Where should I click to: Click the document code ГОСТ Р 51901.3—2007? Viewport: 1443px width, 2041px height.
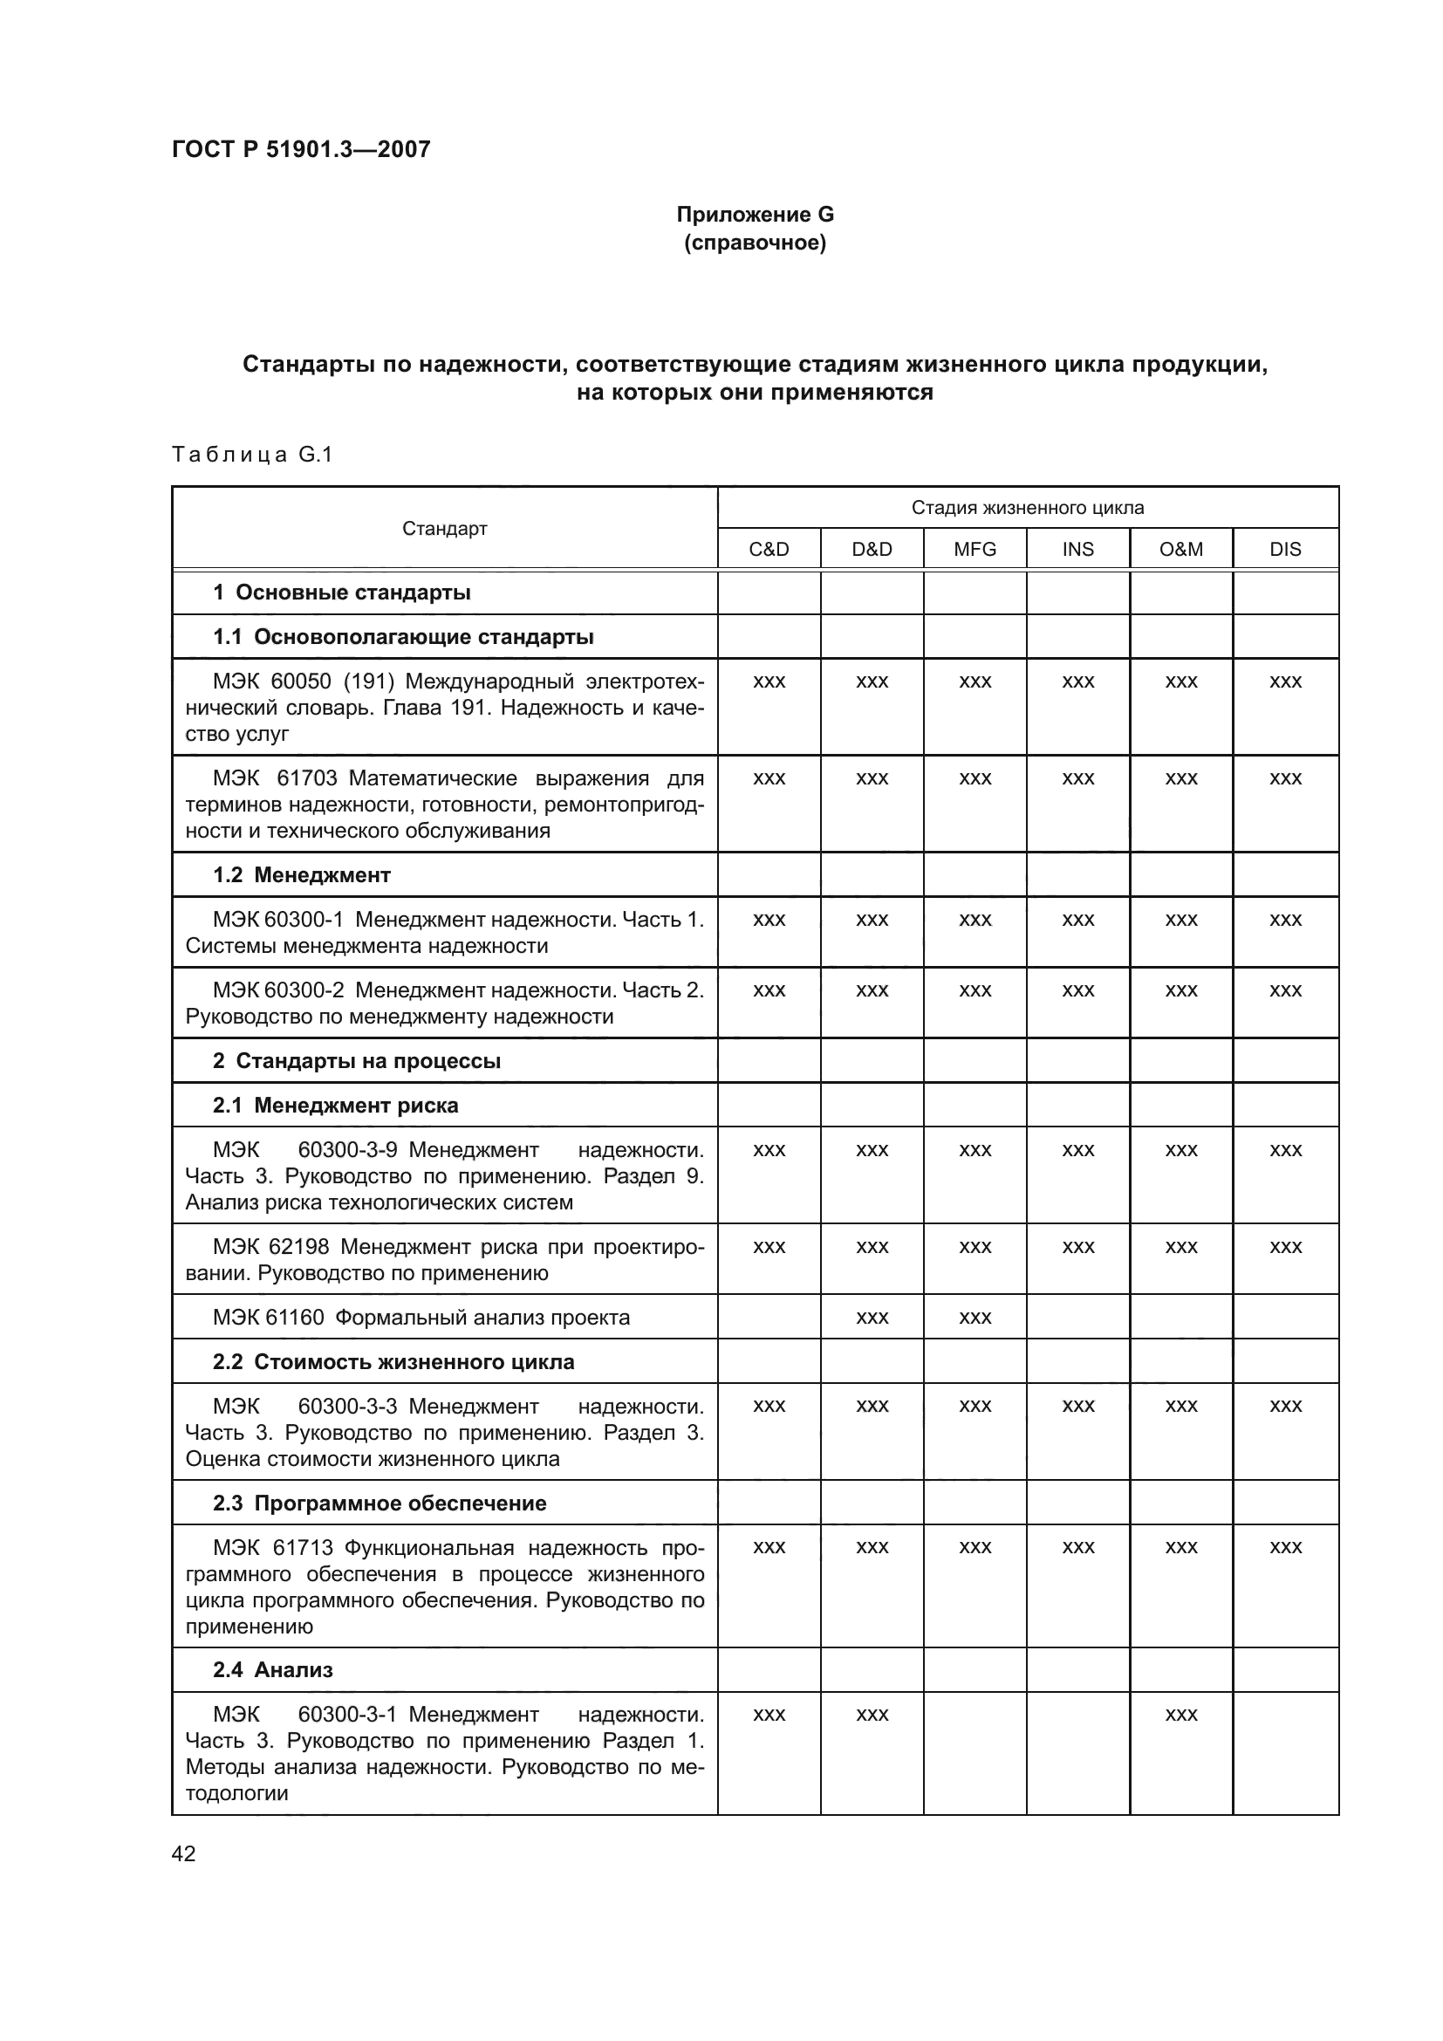click(x=300, y=149)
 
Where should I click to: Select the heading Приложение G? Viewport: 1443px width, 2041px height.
click(x=755, y=215)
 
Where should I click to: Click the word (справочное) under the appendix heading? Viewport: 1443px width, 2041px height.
click(x=755, y=243)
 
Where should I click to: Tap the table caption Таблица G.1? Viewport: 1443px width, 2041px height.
click(x=251, y=455)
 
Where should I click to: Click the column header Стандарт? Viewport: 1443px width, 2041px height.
click(x=444, y=529)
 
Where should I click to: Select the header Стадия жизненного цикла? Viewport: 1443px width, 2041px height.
click(x=1027, y=508)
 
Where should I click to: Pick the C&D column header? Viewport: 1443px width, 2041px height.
click(x=769, y=550)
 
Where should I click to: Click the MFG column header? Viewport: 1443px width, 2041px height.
click(x=975, y=550)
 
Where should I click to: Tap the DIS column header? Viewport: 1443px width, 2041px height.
click(x=1285, y=550)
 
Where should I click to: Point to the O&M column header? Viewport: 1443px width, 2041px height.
click(x=1181, y=550)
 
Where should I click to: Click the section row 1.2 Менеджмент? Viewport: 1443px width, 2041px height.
click(x=301, y=874)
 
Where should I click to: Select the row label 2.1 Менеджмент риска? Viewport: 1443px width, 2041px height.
click(x=335, y=1105)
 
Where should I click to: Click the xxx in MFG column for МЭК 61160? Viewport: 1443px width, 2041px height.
click(x=975, y=1318)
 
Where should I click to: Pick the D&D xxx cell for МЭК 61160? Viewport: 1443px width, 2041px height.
click(x=872, y=1318)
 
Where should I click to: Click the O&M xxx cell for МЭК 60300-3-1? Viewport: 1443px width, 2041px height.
click(x=1181, y=1715)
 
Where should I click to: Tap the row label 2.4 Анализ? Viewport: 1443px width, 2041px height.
click(x=272, y=1669)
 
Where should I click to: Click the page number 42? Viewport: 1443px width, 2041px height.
click(x=184, y=1853)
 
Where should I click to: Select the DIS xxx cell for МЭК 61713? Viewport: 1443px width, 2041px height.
click(x=1285, y=1548)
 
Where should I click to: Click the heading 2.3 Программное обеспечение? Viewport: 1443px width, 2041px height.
click(x=380, y=1503)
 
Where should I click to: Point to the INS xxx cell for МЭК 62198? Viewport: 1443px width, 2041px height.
click(x=1077, y=1247)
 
